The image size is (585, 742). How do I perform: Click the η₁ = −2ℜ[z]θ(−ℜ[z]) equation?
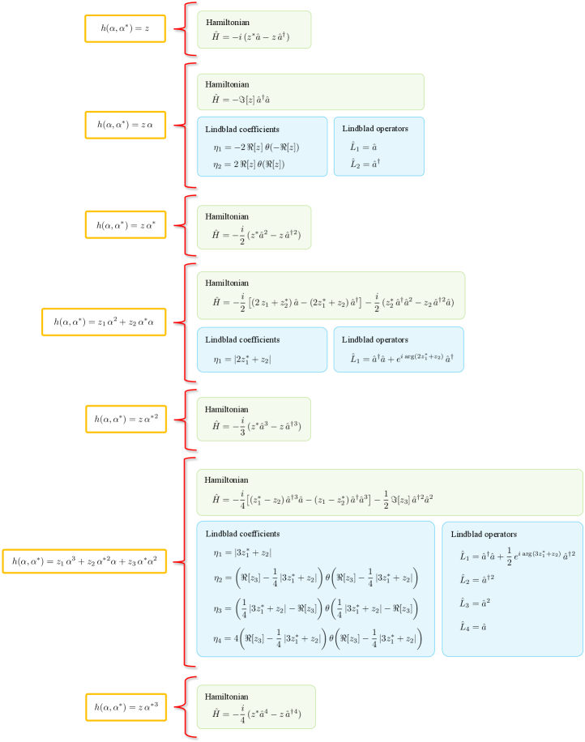pyautogui.click(x=256, y=147)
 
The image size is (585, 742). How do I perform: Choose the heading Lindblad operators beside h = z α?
pyautogui.click(x=375, y=128)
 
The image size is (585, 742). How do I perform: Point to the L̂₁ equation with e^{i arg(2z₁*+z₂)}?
pyautogui.click(x=399, y=358)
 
